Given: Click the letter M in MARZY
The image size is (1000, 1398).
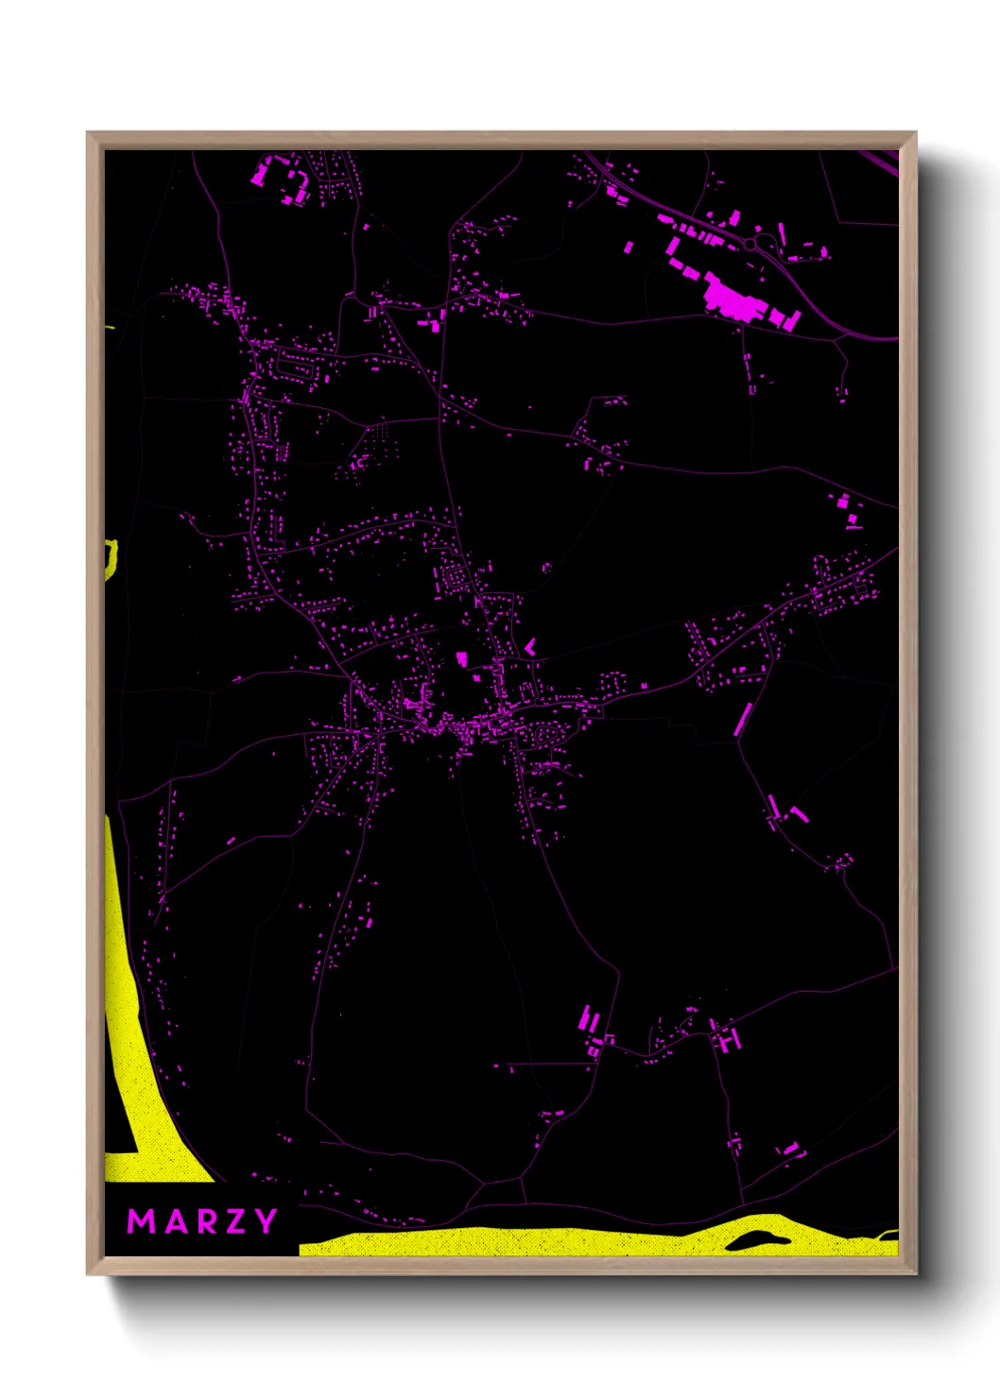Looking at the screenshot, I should (141, 1221).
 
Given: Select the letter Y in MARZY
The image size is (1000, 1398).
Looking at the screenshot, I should (264, 1221).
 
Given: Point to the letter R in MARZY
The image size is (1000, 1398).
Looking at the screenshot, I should (203, 1221).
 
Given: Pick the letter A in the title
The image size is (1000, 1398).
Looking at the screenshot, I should (173, 1221).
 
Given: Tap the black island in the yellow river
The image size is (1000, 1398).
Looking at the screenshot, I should (756, 1240).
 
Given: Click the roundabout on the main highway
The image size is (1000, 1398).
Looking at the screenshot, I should (751, 245).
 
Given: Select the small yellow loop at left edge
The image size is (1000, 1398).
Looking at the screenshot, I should (112, 557).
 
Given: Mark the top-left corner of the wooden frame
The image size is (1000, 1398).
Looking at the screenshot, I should (89, 133).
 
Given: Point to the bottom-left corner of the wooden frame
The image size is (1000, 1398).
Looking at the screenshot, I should (89, 1273).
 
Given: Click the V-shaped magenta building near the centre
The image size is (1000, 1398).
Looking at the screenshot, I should (530, 647).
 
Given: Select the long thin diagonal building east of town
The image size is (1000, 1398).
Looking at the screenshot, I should (744, 720).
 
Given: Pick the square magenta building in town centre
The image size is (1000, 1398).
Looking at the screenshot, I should (462, 657).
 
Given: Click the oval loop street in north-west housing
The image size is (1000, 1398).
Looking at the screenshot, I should (294, 364).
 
